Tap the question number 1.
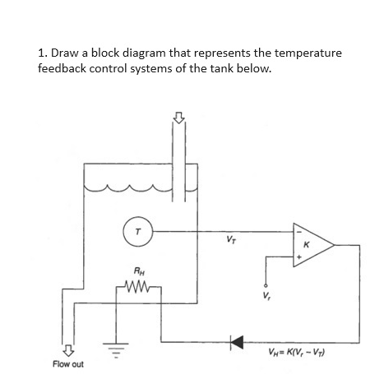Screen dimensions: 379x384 point(42,53)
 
